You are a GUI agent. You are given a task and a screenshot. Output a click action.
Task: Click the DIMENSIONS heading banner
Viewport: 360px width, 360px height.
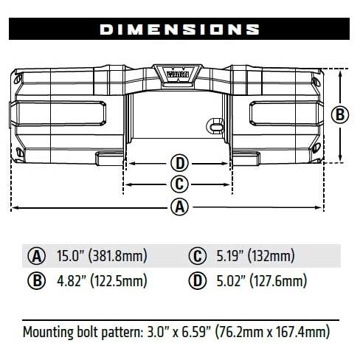pyautogui.click(x=179, y=30)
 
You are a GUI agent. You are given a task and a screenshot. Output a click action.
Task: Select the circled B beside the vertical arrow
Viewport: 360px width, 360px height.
pyautogui.click(x=340, y=114)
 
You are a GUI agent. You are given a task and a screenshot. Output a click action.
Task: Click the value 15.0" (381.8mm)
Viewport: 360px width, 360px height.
pyautogui.click(x=102, y=257)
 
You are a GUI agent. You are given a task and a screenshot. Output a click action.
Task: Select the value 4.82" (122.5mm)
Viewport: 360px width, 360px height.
pyautogui.click(x=102, y=281)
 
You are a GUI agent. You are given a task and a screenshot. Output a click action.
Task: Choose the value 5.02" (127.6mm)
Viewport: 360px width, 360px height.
pyautogui.click(x=257, y=281)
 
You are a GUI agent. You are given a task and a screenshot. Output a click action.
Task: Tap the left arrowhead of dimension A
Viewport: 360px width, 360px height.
pyautogui.click(x=14, y=207)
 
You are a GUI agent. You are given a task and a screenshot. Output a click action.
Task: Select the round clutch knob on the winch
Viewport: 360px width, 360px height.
pyautogui.click(x=215, y=125)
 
